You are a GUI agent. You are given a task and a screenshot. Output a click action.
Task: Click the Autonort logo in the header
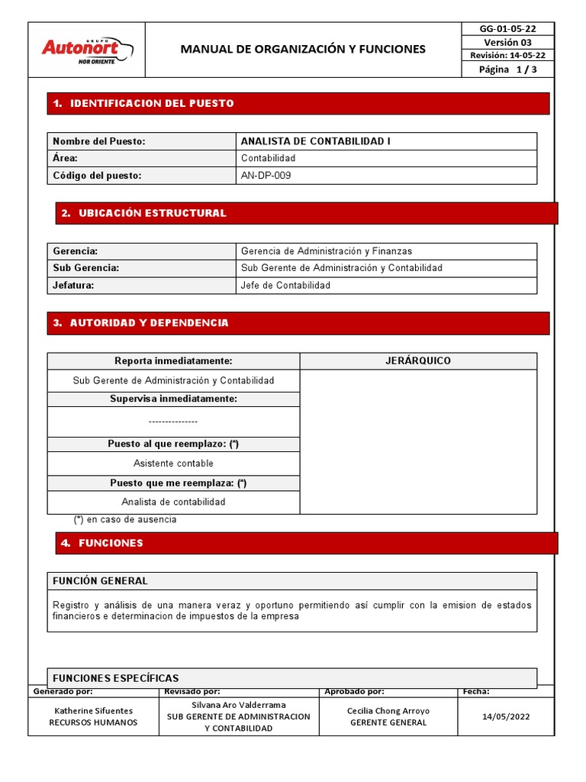[x=86, y=49]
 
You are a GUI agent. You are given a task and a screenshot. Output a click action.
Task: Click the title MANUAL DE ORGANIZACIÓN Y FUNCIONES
[x=303, y=50]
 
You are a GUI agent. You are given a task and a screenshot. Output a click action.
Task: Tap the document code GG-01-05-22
[x=507, y=29]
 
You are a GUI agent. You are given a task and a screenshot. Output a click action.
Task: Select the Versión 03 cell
[x=507, y=42]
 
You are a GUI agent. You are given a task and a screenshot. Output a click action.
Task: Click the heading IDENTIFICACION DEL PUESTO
[x=152, y=103]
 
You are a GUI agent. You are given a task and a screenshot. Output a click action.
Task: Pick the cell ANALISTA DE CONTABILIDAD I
[x=316, y=141]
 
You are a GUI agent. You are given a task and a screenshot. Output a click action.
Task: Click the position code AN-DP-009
[x=266, y=176]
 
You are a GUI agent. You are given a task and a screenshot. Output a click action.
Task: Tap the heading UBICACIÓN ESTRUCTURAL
[x=153, y=213]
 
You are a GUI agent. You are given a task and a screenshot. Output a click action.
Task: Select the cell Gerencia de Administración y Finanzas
[x=327, y=251]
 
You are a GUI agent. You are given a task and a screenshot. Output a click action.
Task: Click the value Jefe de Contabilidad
[x=285, y=286]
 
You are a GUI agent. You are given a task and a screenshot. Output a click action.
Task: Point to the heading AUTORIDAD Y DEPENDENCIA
[x=150, y=323]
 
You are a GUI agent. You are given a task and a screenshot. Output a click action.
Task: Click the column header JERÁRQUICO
[x=418, y=360]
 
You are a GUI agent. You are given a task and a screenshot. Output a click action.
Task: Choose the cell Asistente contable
[x=173, y=464]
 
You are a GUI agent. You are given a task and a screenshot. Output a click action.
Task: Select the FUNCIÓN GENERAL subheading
[x=100, y=581]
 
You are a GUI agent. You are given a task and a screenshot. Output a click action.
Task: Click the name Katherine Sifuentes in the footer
[x=93, y=711]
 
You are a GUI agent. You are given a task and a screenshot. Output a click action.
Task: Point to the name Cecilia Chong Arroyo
[x=388, y=711]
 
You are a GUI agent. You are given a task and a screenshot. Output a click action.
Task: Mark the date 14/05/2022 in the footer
[x=506, y=716]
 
